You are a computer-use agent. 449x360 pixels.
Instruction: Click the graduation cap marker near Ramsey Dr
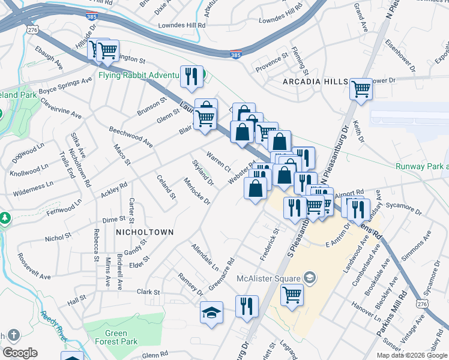coord(211,312)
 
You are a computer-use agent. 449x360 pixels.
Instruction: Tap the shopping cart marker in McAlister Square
coord(291,295)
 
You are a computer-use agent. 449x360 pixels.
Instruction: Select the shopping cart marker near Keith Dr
coord(361,89)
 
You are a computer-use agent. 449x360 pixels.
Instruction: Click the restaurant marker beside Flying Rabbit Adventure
coord(191,76)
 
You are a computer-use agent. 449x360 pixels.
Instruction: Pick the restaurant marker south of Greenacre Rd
coord(247,306)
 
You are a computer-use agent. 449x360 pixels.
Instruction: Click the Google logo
coord(20,353)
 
